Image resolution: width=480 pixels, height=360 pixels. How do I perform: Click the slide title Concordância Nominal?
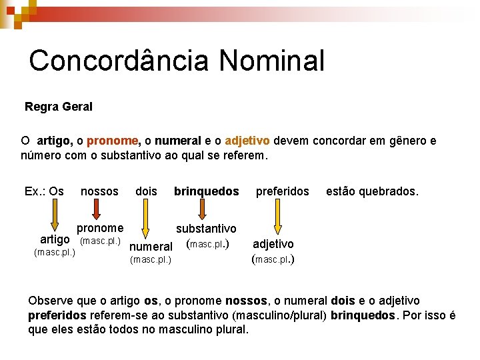(x=177, y=61)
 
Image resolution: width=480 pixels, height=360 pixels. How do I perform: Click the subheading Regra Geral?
(x=59, y=107)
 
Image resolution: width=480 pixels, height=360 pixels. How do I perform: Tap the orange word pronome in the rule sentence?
(x=112, y=141)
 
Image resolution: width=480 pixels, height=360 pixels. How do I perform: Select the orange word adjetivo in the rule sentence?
(x=247, y=141)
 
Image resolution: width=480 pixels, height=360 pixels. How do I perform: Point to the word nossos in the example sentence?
(x=99, y=191)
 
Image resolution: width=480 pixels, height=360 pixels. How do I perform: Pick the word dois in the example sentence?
(x=146, y=191)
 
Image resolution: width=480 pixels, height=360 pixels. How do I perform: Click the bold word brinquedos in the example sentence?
(x=206, y=191)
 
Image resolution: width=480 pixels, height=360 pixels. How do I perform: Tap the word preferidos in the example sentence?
(x=283, y=191)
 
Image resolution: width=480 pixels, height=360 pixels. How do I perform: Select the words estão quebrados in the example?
(x=372, y=191)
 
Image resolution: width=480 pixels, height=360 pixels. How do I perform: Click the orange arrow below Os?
(x=55, y=217)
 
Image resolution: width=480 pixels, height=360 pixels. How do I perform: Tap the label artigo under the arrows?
(x=55, y=239)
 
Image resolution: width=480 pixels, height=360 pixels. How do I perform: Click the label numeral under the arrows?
(x=151, y=247)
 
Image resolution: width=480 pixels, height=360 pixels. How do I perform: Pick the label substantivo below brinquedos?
(x=206, y=229)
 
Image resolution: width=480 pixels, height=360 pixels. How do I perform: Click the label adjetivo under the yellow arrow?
(x=273, y=244)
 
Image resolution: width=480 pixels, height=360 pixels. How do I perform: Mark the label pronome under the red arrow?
(x=100, y=228)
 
